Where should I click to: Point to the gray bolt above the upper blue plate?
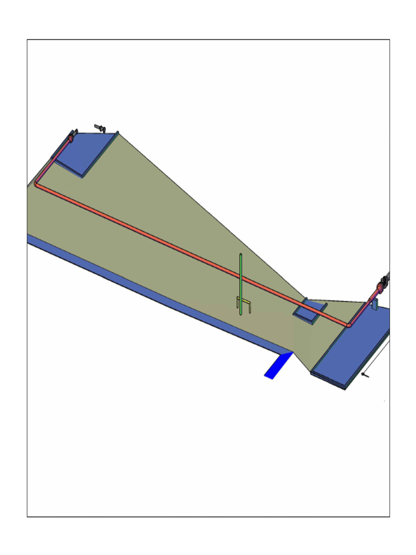click(x=100, y=127)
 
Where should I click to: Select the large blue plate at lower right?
click(x=352, y=347)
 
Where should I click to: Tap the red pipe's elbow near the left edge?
click(x=36, y=184)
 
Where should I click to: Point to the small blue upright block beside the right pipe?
click(x=374, y=304)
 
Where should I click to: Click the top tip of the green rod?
click(x=240, y=254)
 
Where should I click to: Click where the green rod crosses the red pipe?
click(x=240, y=278)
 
